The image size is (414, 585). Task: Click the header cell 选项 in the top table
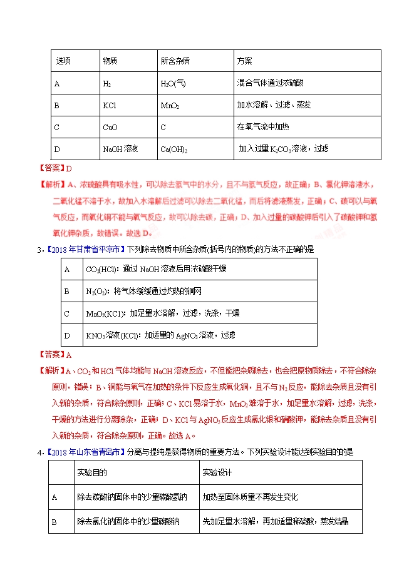[x=63, y=61]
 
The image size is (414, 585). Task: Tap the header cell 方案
[x=245, y=61]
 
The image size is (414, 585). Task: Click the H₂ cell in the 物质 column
[x=107, y=83]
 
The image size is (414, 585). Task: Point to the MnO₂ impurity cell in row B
[x=170, y=105]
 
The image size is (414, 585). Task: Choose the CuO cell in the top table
[x=110, y=127]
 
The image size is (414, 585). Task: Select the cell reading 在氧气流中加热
[x=263, y=127]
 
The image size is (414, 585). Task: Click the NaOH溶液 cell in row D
[x=120, y=149]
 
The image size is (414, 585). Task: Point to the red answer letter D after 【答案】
[x=70, y=168]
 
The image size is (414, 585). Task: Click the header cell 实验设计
[x=217, y=474]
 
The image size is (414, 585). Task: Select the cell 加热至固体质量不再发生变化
[x=250, y=497]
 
